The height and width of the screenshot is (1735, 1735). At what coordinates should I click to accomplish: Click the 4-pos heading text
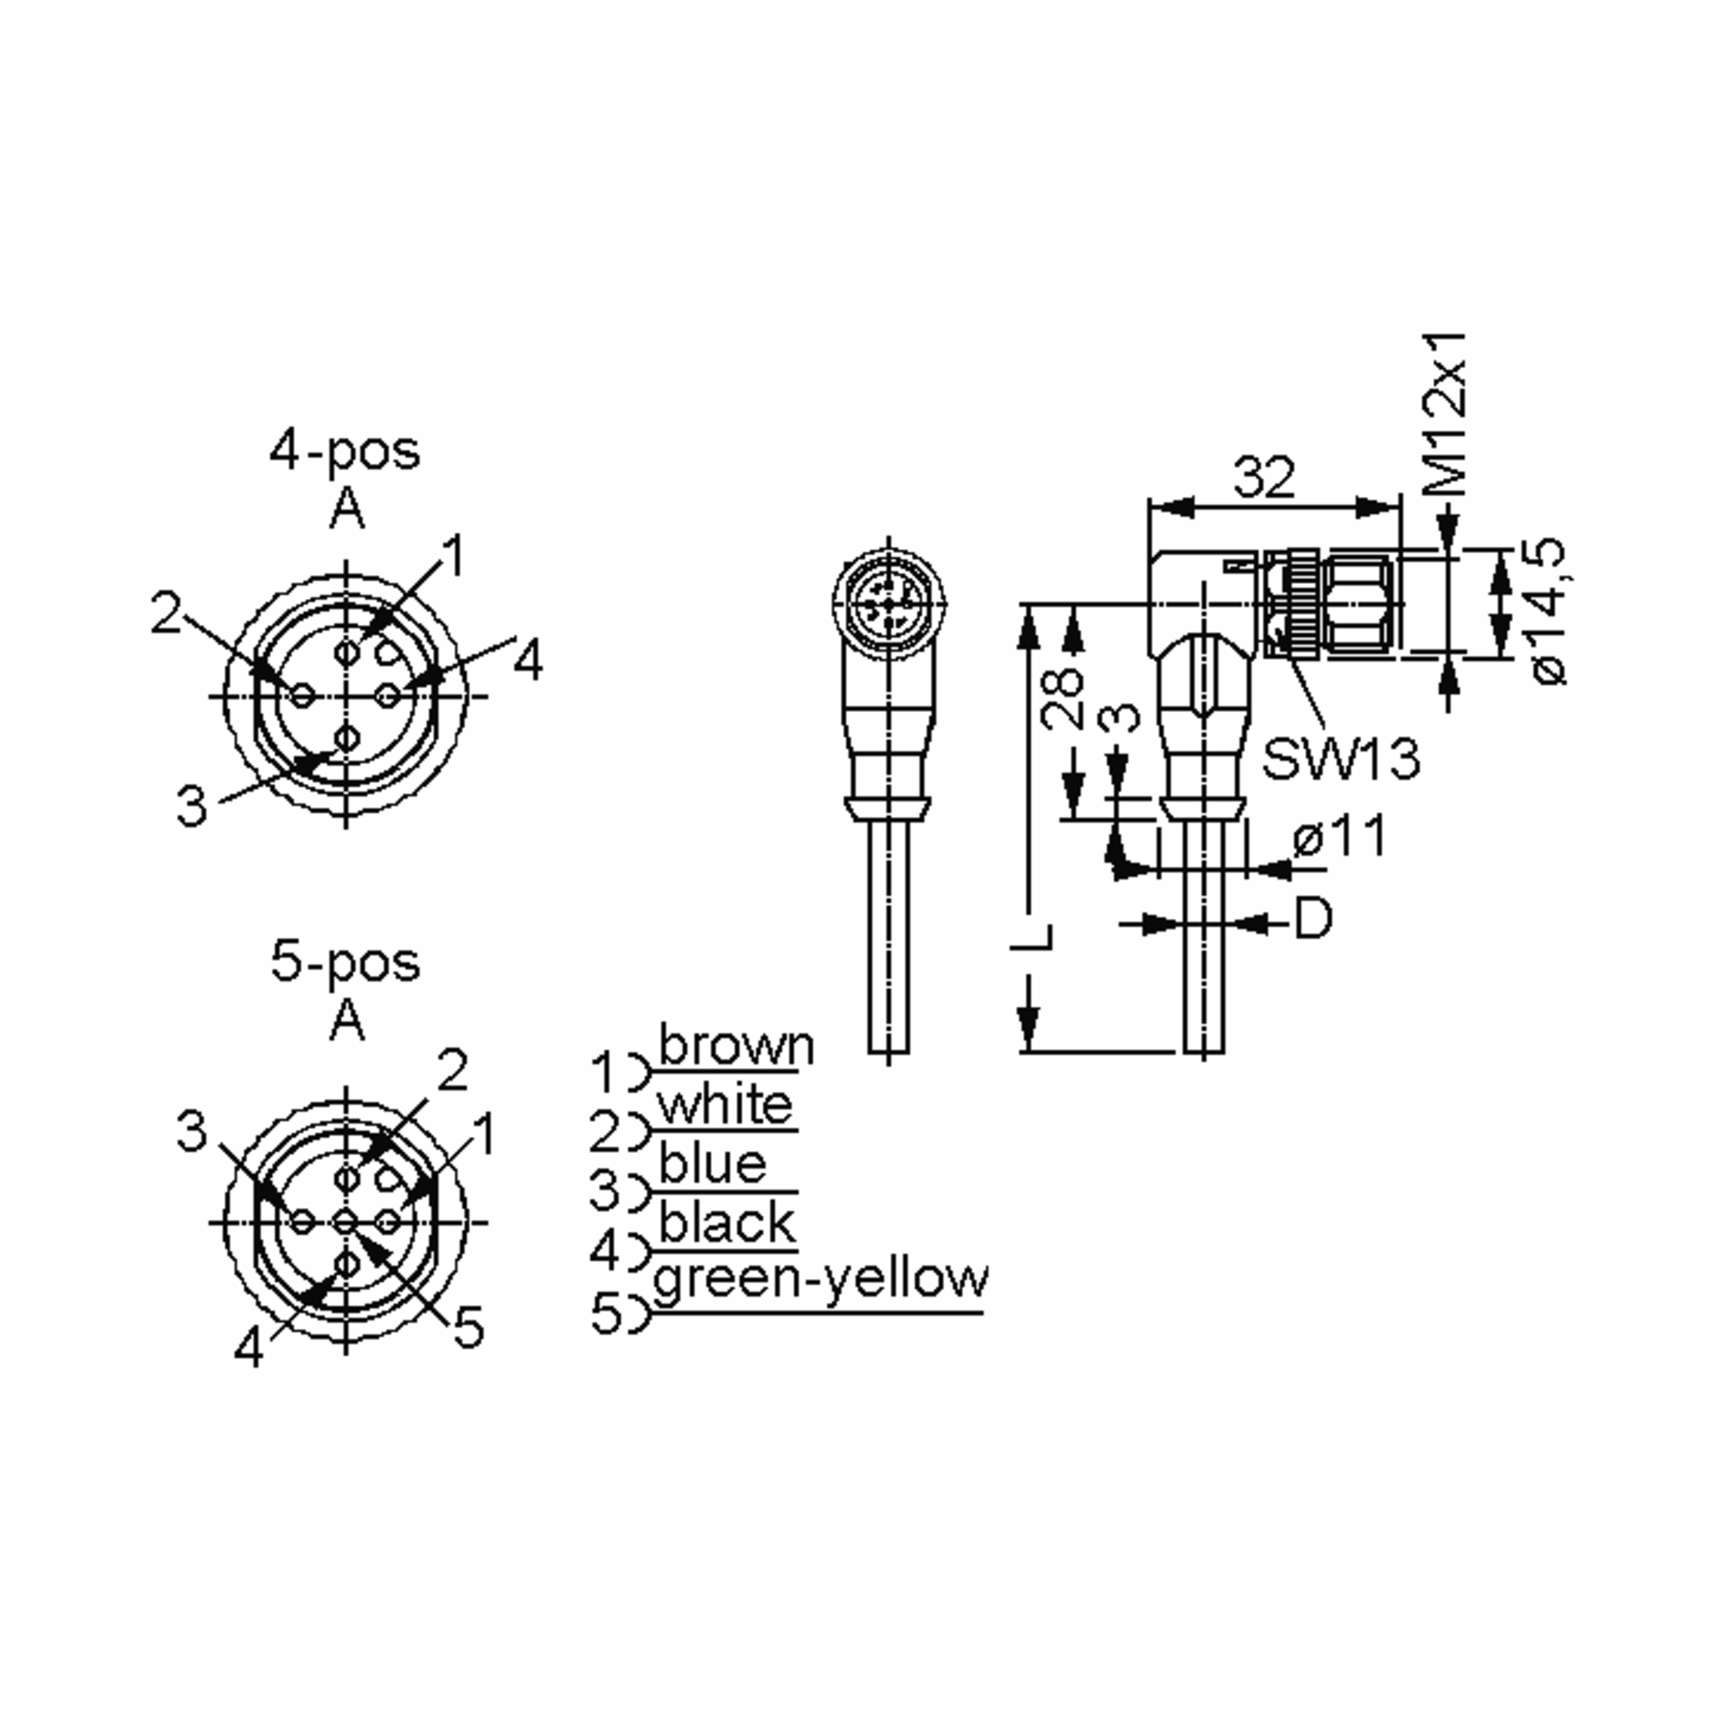click(345, 451)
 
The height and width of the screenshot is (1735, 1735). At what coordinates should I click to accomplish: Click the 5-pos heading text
click(345, 963)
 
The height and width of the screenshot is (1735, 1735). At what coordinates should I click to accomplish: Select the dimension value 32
click(1264, 477)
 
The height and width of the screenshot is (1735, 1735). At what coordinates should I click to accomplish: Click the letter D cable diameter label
click(1312, 918)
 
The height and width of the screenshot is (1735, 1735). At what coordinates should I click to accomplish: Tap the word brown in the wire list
click(737, 1045)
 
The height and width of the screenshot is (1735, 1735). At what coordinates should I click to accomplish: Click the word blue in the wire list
click(713, 1165)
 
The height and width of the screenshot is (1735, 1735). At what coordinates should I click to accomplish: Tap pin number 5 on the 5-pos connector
click(468, 1327)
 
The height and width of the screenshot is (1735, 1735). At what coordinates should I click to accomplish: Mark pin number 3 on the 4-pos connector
click(192, 805)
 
